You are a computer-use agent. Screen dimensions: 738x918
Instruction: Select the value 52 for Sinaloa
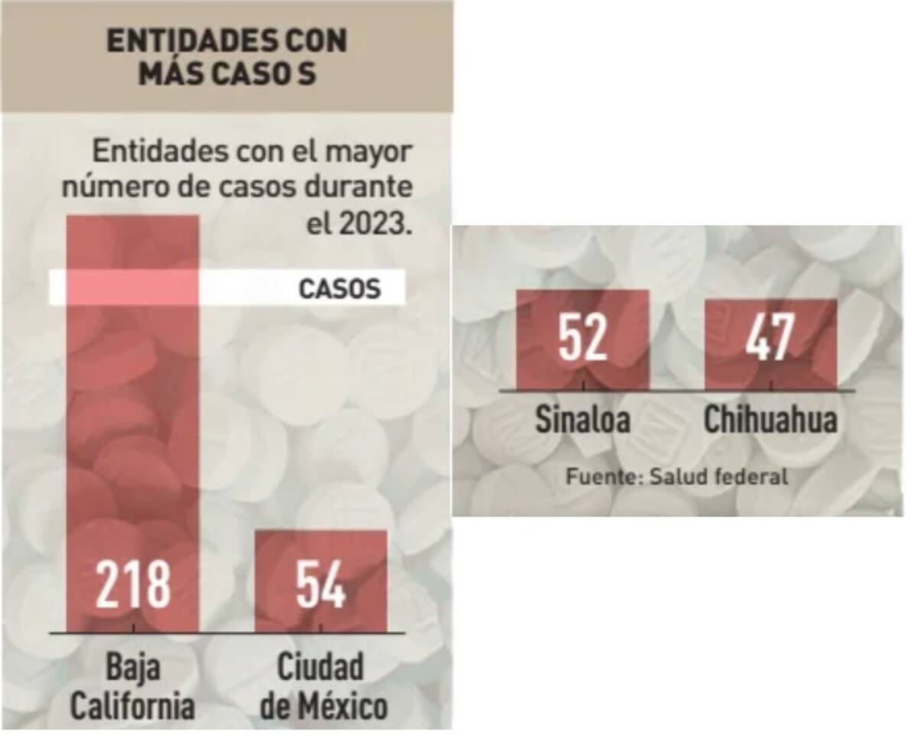583,337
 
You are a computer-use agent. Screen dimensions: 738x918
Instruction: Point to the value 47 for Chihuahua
770,337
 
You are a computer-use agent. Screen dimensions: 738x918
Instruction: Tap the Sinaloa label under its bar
583,420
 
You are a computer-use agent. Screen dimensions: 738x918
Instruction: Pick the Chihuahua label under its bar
770,420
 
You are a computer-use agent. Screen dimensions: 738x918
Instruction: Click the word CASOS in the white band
339,289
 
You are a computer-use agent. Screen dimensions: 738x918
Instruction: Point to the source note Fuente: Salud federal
676,476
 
